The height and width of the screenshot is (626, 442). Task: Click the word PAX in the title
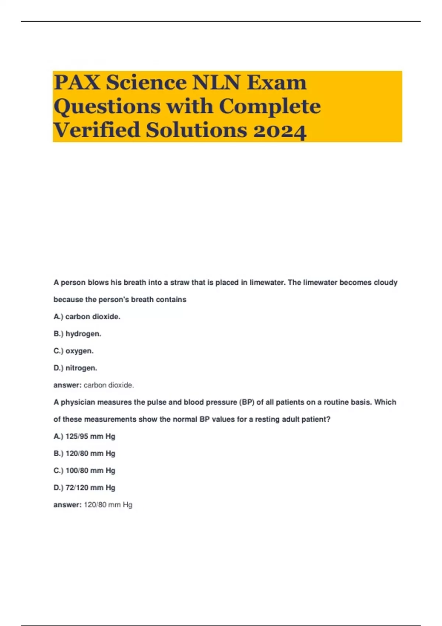(x=77, y=82)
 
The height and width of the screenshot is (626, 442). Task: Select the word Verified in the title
(x=97, y=130)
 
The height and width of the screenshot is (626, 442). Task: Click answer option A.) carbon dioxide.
(x=87, y=317)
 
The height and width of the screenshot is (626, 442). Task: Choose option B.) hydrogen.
(x=77, y=334)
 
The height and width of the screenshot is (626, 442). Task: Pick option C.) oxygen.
(x=74, y=351)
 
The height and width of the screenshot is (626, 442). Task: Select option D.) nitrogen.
(x=76, y=368)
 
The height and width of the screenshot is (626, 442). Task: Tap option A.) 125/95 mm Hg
(x=84, y=436)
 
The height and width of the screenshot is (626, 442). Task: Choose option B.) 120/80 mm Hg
(x=84, y=453)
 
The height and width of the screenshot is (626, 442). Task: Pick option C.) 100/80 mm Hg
(x=84, y=471)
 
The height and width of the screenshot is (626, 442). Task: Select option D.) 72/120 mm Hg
(x=84, y=488)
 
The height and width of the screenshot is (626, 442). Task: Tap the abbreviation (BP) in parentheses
(x=247, y=402)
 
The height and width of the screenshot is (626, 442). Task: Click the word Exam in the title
(x=277, y=82)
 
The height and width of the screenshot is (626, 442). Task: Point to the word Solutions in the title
(x=196, y=130)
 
